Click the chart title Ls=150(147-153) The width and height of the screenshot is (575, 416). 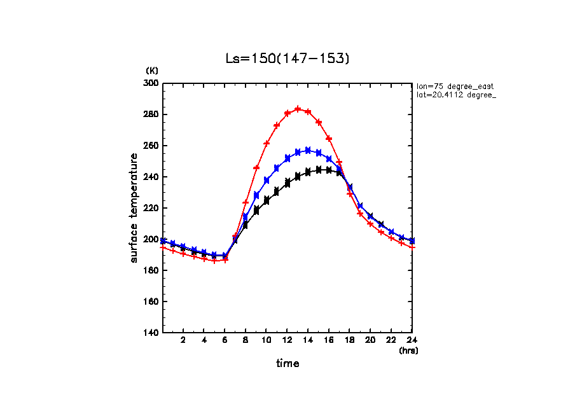pos(287,59)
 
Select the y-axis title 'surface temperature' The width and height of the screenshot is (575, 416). pos(134,208)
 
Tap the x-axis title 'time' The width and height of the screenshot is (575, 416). pos(287,364)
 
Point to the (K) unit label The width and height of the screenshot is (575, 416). pos(152,70)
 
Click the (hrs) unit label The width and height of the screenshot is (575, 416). pos(408,350)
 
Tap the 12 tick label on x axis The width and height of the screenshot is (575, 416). pos(287,340)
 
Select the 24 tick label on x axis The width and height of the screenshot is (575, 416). pos(412,340)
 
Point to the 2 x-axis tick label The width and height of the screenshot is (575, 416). pos(183,340)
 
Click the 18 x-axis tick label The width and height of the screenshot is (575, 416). pos(350,340)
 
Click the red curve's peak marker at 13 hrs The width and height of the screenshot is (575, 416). pos(298,109)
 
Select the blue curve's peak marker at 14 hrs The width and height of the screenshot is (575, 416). pos(308,150)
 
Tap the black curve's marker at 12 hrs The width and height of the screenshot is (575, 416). pos(287,183)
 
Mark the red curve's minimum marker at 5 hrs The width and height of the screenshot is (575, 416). pos(214,261)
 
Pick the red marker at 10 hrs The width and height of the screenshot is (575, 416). pos(267,143)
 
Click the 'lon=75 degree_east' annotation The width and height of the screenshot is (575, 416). pos(455,86)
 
